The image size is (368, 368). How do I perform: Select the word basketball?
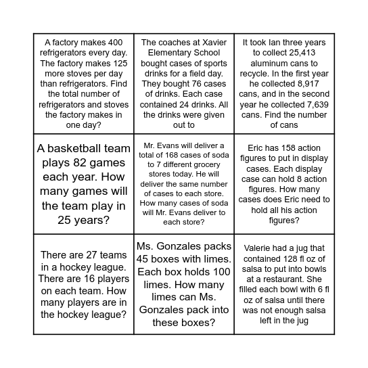tap(75, 149)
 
